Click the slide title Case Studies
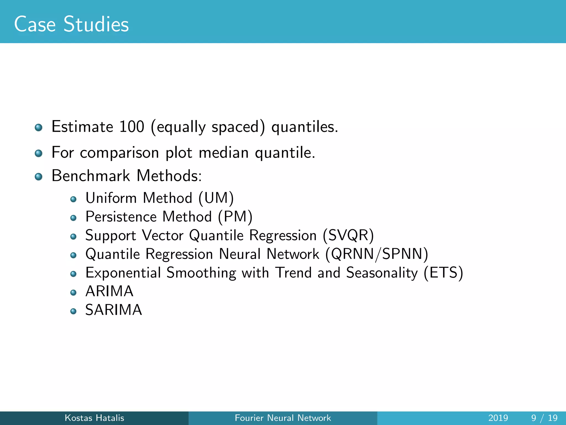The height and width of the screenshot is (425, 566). (x=71, y=24)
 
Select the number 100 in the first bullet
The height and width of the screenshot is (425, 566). (x=132, y=127)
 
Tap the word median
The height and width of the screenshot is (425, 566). (x=224, y=152)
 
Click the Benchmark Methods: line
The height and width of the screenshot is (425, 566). (x=127, y=176)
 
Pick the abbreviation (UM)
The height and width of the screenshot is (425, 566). (x=216, y=198)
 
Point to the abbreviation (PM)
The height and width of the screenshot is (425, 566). (x=235, y=217)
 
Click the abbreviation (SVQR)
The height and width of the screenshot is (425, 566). (x=348, y=235)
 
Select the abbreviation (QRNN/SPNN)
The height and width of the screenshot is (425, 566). (x=377, y=254)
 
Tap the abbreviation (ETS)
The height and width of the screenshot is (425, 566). (x=443, y=273)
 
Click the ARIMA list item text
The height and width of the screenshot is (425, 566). (x=109, y=291)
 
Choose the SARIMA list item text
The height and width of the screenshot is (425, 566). (x=114, y=310)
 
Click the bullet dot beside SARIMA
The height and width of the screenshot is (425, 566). (x=73, y=311)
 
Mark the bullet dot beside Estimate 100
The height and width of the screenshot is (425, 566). (x=39, y=128)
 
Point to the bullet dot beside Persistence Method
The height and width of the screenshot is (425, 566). (x=73, y=218)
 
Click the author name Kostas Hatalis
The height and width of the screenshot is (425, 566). (x=94, y=418)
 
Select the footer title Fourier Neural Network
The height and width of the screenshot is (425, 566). (x=283, y=418)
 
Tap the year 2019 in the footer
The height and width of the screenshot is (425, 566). (x=498, y=418)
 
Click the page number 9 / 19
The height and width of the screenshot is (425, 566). (x=544, y=418)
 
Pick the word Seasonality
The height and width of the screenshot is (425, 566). (x=382, y=273)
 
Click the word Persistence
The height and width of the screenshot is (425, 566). (x=121, y=217)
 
